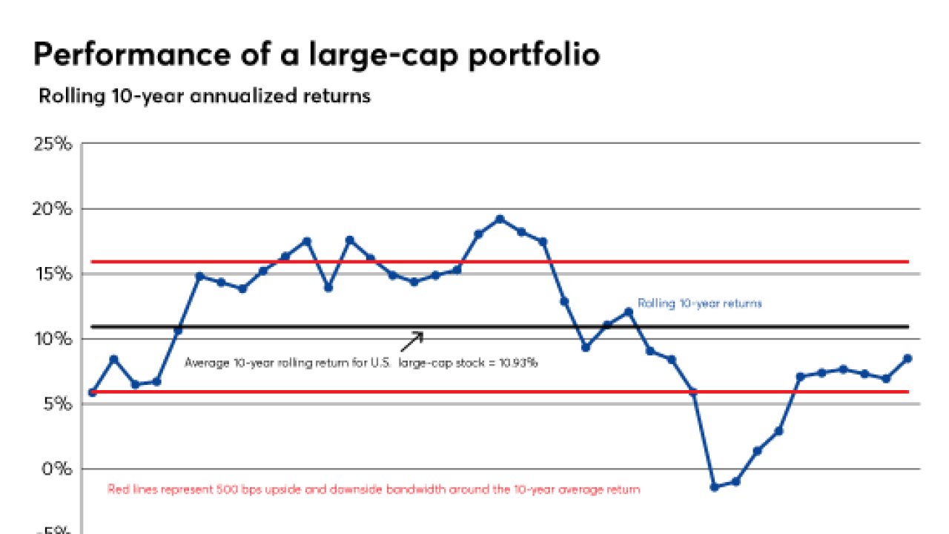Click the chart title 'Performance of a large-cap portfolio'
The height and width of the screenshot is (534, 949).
(316, 54)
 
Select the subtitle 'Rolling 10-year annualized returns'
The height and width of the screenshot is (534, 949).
(204, 96)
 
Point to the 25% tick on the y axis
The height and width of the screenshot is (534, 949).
(53, 143)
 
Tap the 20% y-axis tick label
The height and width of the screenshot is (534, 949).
(53, 208)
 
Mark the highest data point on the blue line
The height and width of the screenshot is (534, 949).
(500, 219)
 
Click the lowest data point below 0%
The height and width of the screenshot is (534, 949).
(715, 487)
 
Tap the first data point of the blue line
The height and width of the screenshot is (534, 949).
(92, 392)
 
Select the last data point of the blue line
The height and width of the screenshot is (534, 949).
(907, 358)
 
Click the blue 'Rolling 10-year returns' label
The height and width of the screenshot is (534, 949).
(700, 303)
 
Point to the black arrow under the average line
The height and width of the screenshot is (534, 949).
(412, 341)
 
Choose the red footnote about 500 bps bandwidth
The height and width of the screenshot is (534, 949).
(374, 489)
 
